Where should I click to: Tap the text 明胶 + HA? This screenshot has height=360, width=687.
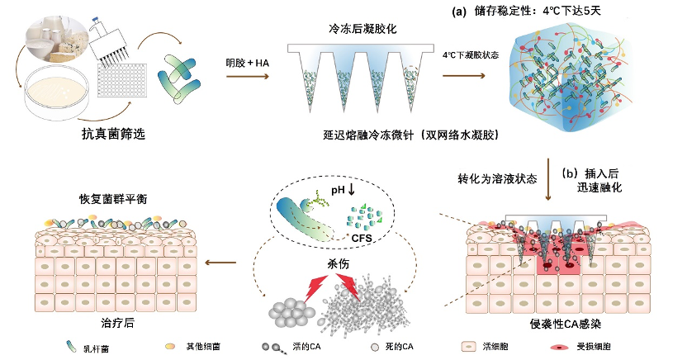(247, 63)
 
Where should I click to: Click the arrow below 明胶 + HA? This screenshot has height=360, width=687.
(247, 78)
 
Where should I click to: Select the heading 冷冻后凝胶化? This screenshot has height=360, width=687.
(362, 28)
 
